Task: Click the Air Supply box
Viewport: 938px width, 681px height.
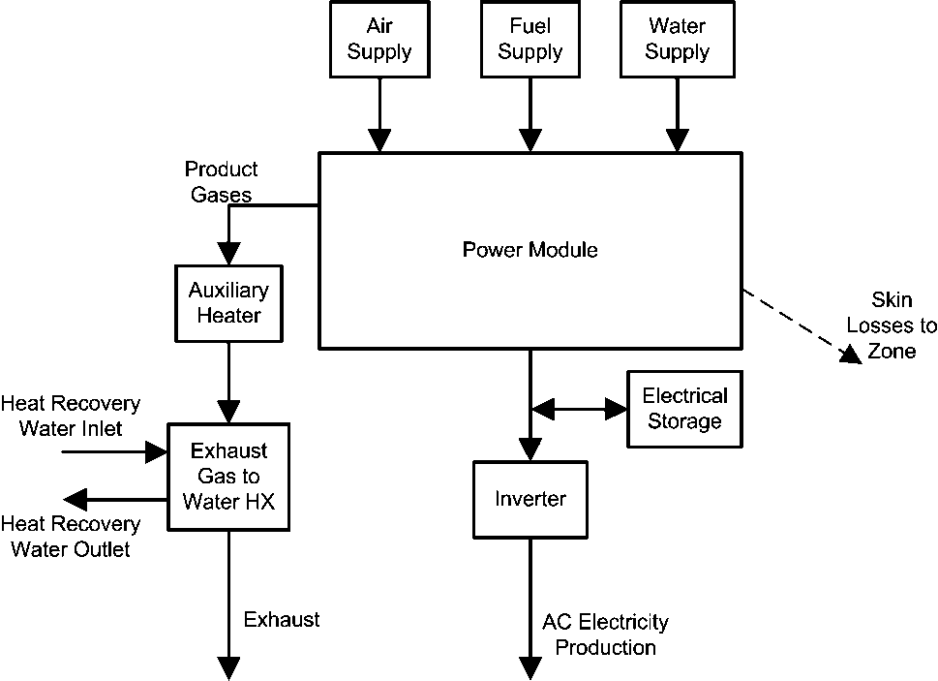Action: (378, 39)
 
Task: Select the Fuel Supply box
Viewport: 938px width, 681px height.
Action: (530, 39)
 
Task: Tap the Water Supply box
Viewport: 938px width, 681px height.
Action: (677, 39)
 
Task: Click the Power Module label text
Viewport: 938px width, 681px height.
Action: (530, 250)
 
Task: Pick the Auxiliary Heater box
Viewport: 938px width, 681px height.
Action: (228, 302)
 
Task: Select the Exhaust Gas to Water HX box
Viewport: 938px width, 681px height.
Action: (228, 476)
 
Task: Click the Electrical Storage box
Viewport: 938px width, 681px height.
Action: (684, 409)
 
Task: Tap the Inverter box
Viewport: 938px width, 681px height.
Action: (530, 499)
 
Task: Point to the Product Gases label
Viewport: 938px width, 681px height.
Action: (221, 182)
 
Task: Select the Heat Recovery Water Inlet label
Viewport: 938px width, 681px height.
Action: (71, 415)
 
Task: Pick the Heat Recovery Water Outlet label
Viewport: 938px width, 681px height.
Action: (71, 537)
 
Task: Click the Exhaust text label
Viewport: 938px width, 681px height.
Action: (281, 619)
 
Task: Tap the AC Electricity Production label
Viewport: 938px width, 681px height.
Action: (605, 635)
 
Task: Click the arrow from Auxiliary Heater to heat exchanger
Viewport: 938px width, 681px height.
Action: (228, 382)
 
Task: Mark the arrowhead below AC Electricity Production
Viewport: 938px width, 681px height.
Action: (530, 667)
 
